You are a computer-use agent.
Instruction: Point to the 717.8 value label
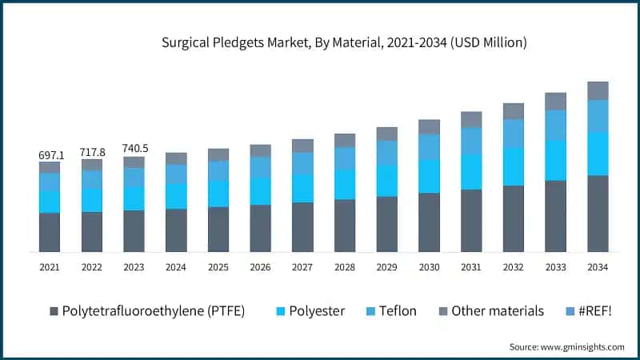coord(92,152)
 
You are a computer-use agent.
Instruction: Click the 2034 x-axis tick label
coord(598,266)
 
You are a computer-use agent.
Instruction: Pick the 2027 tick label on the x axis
coord(302,266)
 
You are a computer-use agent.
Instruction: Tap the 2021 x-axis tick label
coord(50,266)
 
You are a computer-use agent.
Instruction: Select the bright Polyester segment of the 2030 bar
coord(429,176)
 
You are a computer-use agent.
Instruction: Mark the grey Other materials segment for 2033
coord(555,101)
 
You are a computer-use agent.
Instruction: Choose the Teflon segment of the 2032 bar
coord(513,134)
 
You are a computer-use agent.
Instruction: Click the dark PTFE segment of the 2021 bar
coord(50,232)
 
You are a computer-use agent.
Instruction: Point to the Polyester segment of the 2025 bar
coord(218,194)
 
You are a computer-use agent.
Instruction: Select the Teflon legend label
coord(398,310)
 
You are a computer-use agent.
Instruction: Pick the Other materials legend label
coord(498,310)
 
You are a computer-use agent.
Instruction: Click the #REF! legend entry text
coord(596,310)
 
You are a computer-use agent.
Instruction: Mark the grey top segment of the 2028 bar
coord(345,140)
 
